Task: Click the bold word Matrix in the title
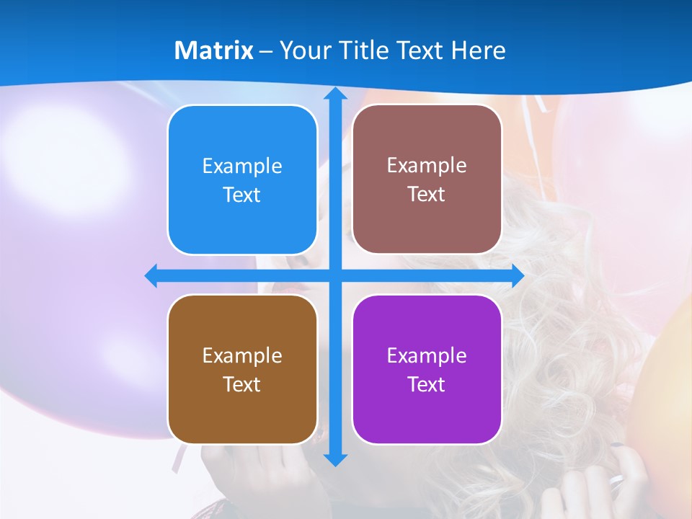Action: tap(214, 50)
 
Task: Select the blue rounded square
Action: tap(242, 180)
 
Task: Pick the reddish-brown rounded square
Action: tap(427, 179)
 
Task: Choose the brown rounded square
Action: tap(242, 370)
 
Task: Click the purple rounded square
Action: tap(427, 370)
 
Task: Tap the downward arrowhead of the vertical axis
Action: tap(335, 459)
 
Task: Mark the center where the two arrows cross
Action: tap(335, 276)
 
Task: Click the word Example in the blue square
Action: tap(242, 167)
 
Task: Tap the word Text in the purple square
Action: tap(427, 384)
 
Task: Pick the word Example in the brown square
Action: tap(242, 356)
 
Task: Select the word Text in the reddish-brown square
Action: tap(427, 194)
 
